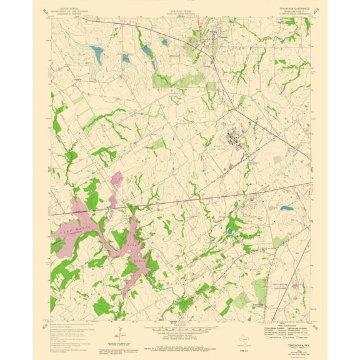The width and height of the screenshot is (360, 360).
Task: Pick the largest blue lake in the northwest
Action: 97,51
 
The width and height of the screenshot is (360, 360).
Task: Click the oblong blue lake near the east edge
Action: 286,207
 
